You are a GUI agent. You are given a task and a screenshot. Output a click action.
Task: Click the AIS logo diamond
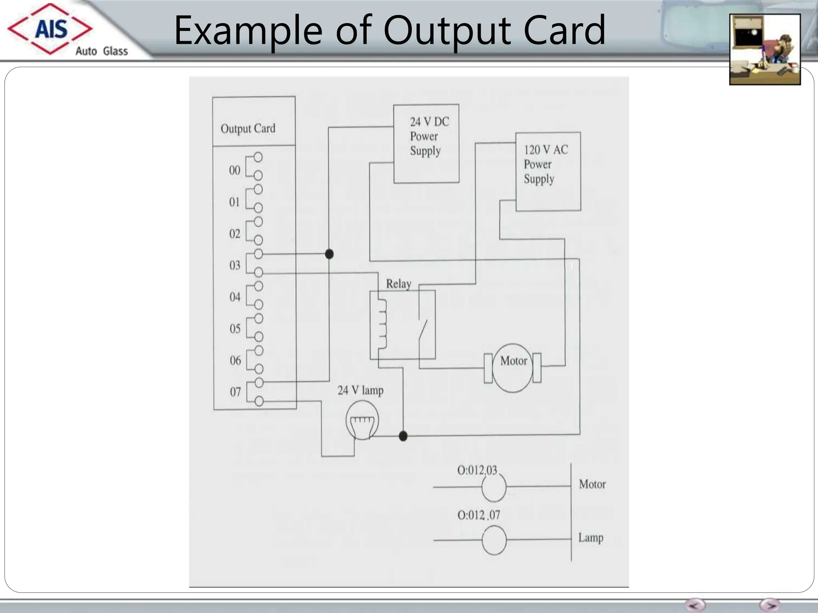tap(50, 29)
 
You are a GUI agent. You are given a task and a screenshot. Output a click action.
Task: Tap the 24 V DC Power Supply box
tap(426, 144)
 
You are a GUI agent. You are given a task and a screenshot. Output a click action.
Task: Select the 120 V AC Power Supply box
tap(548, 172)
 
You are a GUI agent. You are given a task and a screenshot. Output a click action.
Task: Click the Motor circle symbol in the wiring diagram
tap(513, 368)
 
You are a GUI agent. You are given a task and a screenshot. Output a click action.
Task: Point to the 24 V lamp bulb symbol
tap(362, 421)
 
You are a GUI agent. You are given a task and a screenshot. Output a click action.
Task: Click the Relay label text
tap(398, 284)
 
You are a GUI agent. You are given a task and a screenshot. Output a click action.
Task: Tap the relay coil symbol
tap(381, 324)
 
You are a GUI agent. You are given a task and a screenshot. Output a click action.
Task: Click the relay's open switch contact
tap(423, 330)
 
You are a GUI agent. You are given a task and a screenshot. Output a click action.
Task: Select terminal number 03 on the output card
tap(235, 265)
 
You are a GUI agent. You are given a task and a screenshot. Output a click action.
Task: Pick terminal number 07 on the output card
tap(235, 392)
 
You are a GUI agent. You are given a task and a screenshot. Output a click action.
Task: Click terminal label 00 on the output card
tap(234, 170)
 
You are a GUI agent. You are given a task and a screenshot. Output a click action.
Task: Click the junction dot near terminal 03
tap(329, 254)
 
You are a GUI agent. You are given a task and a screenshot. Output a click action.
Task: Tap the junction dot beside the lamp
tap(403, 436)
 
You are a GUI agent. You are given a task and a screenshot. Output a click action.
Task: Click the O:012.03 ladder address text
tap(477, 470)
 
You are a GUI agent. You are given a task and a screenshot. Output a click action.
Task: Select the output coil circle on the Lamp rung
tap(494, 540)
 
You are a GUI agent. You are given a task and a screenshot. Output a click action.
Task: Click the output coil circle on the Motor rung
tap(494, 487)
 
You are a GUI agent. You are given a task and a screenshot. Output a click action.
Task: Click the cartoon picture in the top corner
tap(765, 49)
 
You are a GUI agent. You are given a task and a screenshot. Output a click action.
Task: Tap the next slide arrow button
tap(770, 604)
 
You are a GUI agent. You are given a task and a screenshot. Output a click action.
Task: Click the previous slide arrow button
tap(695, 604)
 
